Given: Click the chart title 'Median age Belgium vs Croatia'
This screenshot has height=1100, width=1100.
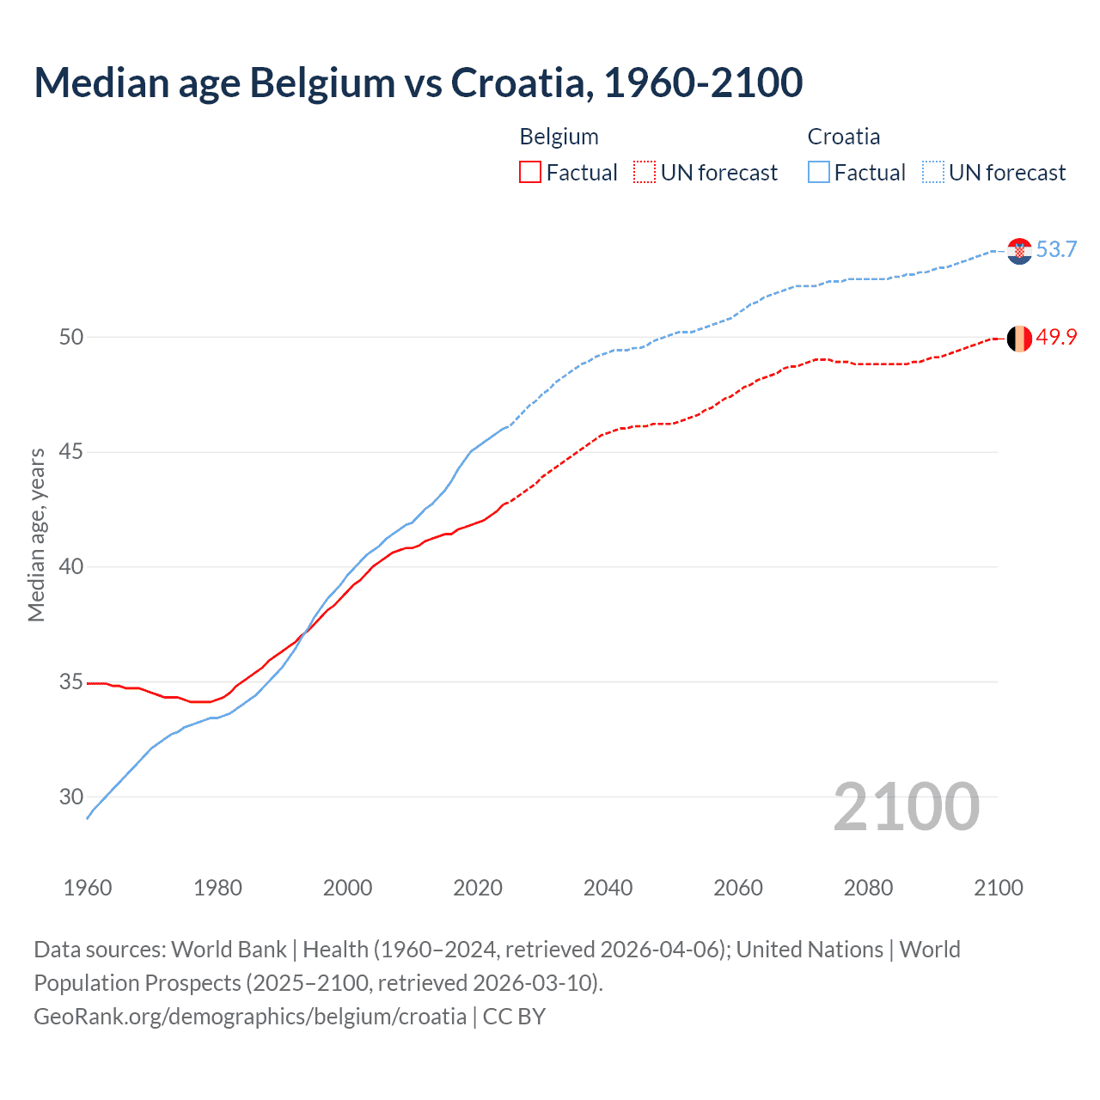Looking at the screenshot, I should point(419,82).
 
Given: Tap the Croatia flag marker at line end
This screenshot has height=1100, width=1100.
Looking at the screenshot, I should point(1019,251).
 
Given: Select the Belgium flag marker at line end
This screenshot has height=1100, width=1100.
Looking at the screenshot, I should point(1019,339).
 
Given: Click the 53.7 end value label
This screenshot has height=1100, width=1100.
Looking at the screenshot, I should point(1056,249).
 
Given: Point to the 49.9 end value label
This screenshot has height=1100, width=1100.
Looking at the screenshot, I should point(1056,337).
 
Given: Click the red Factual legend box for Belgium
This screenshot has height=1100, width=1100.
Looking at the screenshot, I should point(530,173).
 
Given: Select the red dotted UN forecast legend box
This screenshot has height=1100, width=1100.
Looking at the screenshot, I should point(645,173).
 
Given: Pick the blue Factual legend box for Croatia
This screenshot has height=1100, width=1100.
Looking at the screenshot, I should point(819,173).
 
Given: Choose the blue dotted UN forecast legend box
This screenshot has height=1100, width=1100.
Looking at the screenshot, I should point(933,173).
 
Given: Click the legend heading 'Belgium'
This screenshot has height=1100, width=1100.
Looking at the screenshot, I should point(559,137).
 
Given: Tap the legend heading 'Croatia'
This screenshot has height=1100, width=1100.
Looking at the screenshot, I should point(843,137).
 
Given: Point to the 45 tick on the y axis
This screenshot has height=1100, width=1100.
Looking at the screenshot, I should point(71,452).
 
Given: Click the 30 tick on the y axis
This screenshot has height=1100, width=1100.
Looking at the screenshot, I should point(71,797).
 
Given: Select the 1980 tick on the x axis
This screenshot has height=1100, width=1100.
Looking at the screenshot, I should point(217,888).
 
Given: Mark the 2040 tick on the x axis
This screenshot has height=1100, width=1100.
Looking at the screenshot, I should point(608,888).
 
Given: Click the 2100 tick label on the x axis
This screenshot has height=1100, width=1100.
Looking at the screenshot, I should point(998,888).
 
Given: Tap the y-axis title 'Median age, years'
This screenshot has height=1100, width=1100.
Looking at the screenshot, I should point(36,535).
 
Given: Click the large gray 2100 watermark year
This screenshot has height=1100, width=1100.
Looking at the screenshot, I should point(906,807).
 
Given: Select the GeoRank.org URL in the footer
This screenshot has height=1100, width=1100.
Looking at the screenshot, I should point(250,1017).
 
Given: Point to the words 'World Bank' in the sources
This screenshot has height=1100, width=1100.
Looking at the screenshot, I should point(229,950).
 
